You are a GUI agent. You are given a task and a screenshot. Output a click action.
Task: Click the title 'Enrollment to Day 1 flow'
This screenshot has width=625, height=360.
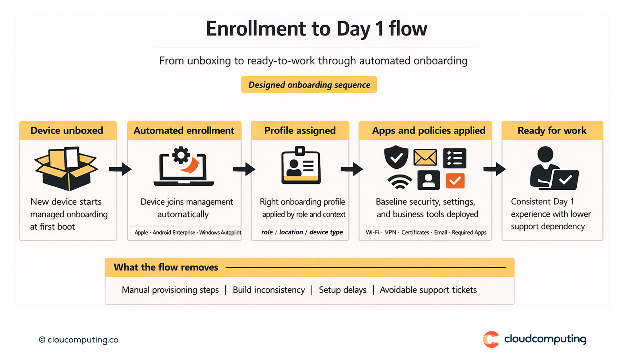tap(316, 29)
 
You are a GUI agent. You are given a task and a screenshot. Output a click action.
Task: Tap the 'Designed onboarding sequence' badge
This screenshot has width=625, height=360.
tap(309, 85)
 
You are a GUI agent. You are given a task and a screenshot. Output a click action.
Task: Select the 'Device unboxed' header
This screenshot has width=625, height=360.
tap(67, 130)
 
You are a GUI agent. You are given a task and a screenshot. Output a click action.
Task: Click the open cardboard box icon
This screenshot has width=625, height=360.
tap(66, 168)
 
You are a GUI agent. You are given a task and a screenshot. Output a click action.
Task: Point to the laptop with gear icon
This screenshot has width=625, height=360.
tap(184, 167)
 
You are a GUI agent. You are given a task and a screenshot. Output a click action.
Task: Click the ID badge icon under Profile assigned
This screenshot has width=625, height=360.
tap(301, 166)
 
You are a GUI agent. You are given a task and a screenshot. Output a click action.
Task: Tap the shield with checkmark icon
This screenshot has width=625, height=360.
tap(396, 157)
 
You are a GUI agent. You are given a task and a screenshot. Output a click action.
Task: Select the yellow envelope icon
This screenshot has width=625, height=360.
tap(425, 157)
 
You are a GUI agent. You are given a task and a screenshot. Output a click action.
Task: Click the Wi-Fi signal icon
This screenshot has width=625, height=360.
tap(399, 182)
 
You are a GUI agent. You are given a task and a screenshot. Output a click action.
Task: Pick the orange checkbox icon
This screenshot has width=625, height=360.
tap(455, 181)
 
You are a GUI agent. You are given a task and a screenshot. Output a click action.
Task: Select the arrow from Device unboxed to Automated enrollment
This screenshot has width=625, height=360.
tap(120, 169)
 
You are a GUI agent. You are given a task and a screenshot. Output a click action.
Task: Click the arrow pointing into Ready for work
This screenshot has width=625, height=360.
tap(494, 169)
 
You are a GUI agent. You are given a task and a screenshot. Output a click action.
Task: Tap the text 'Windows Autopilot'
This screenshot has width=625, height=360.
tap(220, 232)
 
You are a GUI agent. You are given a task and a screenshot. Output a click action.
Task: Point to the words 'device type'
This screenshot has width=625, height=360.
tap(326, 232)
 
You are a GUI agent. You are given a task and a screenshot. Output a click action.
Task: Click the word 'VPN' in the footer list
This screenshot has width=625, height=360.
tap(390, 232)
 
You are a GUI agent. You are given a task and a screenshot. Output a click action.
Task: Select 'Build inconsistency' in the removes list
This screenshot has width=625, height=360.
tap(268, 290)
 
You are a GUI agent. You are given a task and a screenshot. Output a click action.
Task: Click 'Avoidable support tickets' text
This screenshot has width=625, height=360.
tap(428, 290)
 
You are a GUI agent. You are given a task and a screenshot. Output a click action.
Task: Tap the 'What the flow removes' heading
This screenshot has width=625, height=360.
tap(166, 267)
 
